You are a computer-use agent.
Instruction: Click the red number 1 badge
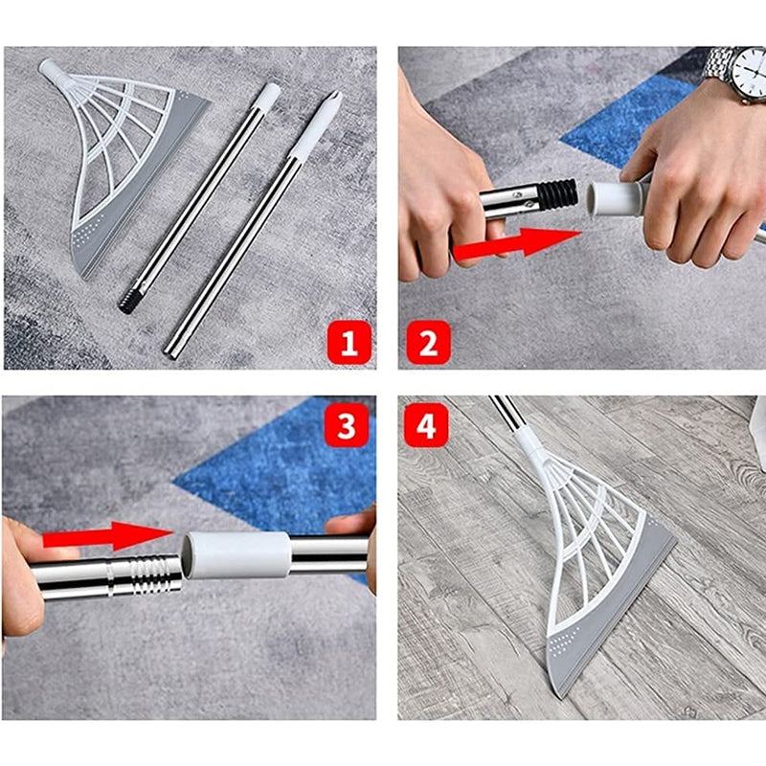[349, 341]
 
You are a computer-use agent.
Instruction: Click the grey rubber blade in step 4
[613, 613]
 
